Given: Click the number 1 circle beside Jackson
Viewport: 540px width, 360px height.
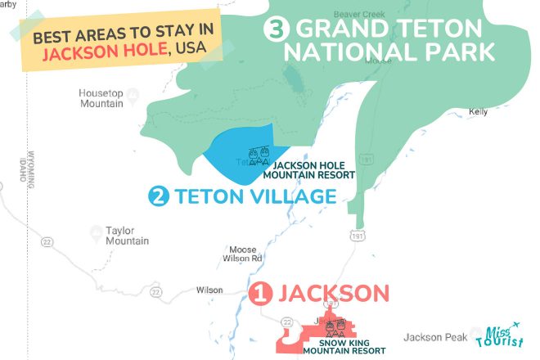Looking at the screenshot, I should click(259, 293).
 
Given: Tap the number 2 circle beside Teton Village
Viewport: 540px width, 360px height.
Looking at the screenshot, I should click(159, 197).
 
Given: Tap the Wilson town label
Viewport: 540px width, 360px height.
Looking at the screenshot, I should click(209, 290).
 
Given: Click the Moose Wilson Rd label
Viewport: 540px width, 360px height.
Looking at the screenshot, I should click(245, 253).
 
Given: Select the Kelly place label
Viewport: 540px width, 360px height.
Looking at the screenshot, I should click(479, 111).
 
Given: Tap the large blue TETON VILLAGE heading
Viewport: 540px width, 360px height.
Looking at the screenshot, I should click(254, 197).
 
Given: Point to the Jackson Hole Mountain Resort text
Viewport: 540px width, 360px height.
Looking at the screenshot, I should click(308, 169).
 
